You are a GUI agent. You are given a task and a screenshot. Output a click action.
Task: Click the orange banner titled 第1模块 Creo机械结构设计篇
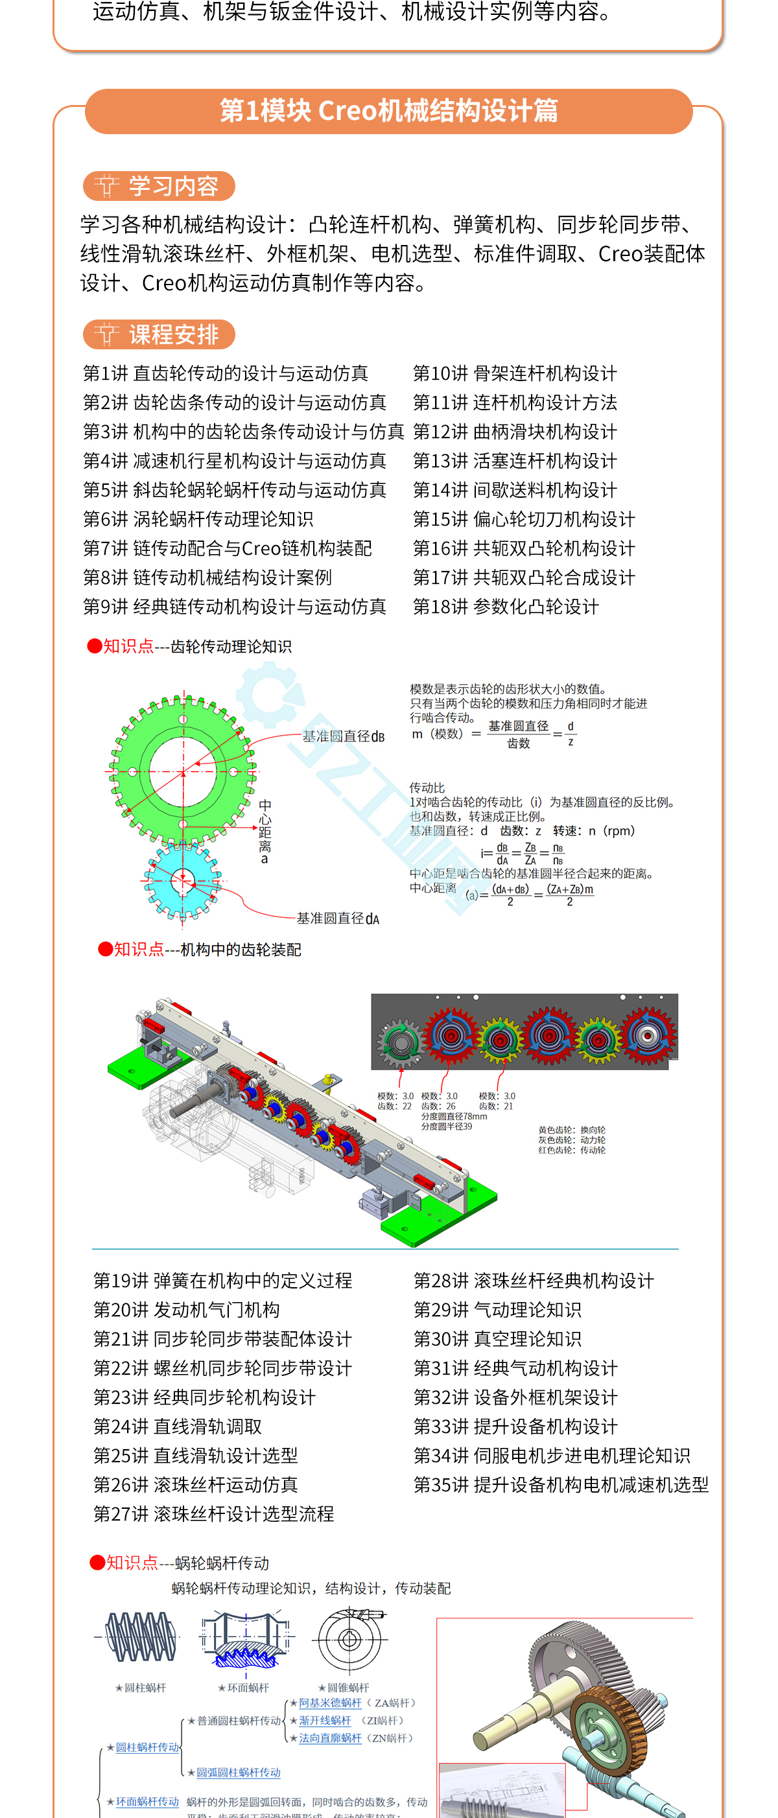tap(388, 111)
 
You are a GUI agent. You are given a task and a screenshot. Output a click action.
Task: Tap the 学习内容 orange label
tap(159, 185)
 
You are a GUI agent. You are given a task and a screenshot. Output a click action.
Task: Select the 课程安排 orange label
tap(159, 334)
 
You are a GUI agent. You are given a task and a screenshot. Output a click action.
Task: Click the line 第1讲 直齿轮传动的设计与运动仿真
tap(226, 373)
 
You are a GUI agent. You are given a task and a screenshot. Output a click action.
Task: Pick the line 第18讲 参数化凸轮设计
tap(506, 607)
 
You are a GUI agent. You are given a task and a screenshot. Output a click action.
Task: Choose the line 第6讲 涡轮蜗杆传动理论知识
tap(198, 519)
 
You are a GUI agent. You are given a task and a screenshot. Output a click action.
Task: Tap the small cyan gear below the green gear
tap(183, 881)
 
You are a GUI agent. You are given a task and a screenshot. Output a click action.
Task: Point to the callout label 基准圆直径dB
tap(343, 737)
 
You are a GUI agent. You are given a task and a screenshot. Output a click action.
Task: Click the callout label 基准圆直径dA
tap(338, 919)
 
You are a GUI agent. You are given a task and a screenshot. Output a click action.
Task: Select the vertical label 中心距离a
tap(265, 832)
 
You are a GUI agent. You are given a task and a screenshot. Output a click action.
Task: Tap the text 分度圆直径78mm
tap(454, 1117)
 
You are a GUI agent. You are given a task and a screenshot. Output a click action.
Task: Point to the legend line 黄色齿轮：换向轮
tap(571, 1130)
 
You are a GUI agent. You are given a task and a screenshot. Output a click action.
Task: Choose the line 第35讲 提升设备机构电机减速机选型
tap(561, 1485)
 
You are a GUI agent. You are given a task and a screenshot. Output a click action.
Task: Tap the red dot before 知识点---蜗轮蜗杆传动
tap(97, 1563)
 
